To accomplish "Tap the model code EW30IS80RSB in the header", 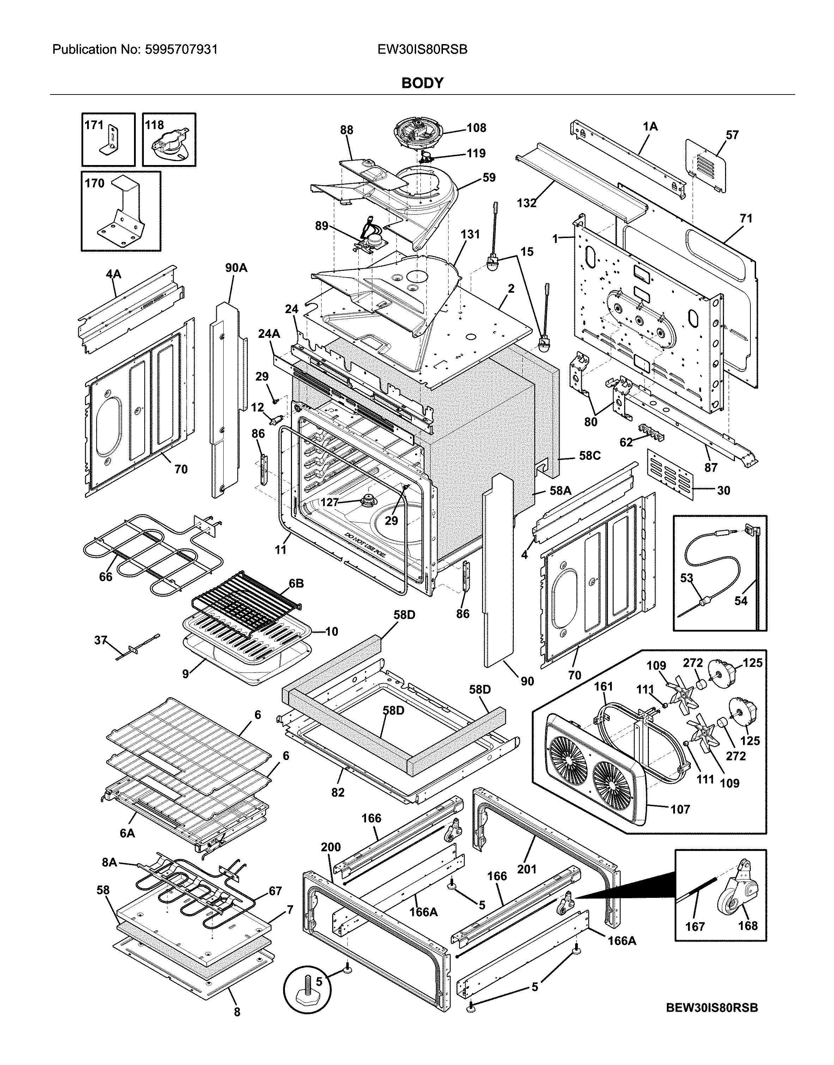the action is tap(422, 49).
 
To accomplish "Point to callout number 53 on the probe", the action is tap(687, 578).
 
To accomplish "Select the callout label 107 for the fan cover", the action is tap(680, 809).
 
